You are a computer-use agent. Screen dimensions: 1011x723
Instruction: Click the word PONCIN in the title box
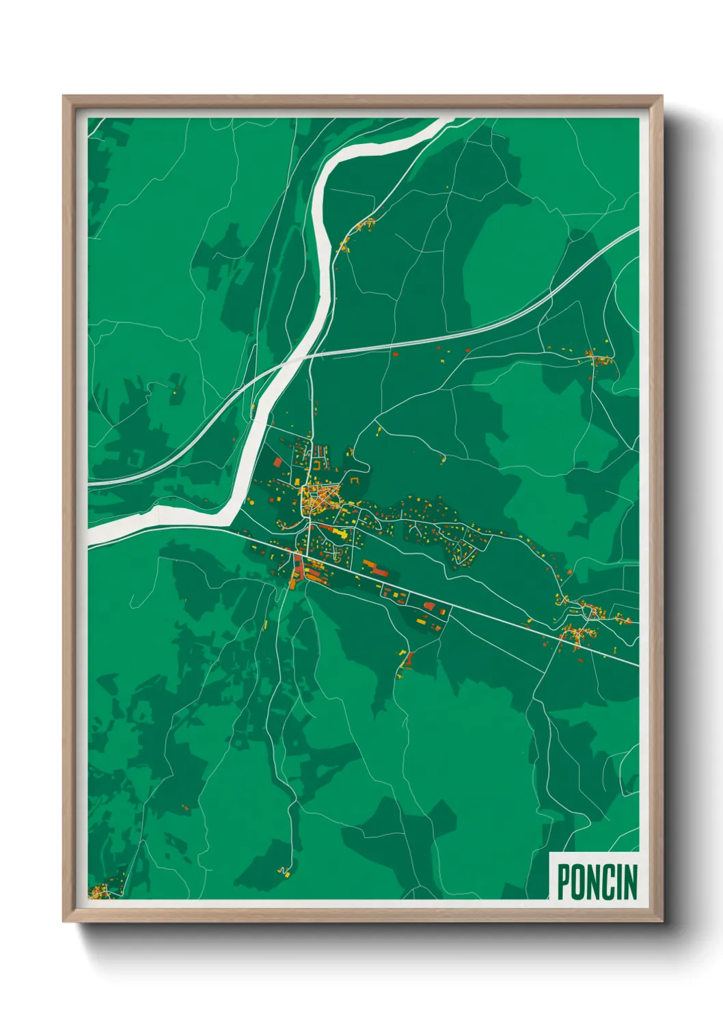(x=597, y=882)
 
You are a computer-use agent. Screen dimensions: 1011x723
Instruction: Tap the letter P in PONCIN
(x=564, y=882)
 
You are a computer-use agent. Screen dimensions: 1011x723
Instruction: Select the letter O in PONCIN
(x=579, y=882)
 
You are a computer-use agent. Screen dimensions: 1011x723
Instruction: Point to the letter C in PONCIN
(x=607, y=882)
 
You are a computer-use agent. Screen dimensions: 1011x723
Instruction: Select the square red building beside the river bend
(x=278, y=462)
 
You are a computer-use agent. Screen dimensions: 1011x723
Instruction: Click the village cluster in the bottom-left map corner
(x=103, y=891)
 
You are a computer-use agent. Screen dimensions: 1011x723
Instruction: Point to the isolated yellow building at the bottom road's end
(x=286, y=873)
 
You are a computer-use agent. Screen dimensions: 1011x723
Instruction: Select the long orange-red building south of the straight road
(x=373, y=566)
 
